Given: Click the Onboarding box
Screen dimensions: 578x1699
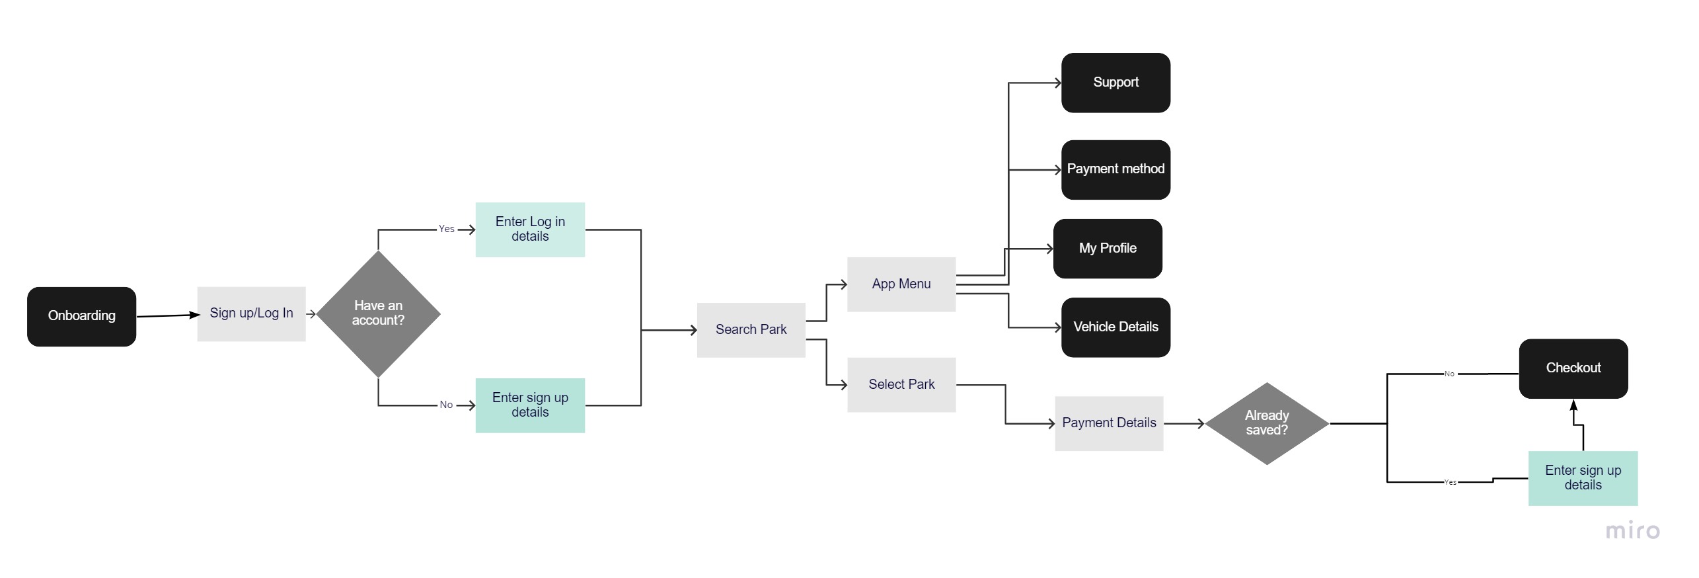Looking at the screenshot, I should [x=81, y=316].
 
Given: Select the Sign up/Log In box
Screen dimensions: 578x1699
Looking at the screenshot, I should [x=251, y=313].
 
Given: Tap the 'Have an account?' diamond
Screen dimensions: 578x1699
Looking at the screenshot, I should [x=378, y=313].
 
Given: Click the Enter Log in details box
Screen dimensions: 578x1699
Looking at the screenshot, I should [x=530, y=229].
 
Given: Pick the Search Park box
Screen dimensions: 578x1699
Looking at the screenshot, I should [x=751, y=330].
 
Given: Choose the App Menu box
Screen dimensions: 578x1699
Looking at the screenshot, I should [x=901, y=284].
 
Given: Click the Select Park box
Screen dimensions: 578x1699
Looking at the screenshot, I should [x=901, y=385].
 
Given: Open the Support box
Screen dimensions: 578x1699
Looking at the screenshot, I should [x=1115, y=83].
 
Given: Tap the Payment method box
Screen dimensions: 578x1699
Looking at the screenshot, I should [x=1115, y=169].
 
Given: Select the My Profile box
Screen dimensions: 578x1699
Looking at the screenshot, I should [x=1108, y=249].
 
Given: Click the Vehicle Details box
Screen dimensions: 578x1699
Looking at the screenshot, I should [x=1115, y=327].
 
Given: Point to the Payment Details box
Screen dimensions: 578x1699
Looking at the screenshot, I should [x=1109, y=423].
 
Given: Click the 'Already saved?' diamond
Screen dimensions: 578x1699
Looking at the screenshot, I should [x=1267, y=423].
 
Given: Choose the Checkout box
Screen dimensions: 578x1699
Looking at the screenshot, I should [x=1573, y=368].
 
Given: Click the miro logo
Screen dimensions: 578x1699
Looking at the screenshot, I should [x=1632, y=531].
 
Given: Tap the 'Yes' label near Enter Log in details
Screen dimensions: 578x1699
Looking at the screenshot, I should [x=447, y=229].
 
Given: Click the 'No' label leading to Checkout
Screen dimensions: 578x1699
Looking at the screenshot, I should [x=1449, y=374].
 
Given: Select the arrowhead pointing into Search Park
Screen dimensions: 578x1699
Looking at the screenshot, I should [x=693, y=330].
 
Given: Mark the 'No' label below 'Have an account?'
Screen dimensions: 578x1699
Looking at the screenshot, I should [x=446, y=405].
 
